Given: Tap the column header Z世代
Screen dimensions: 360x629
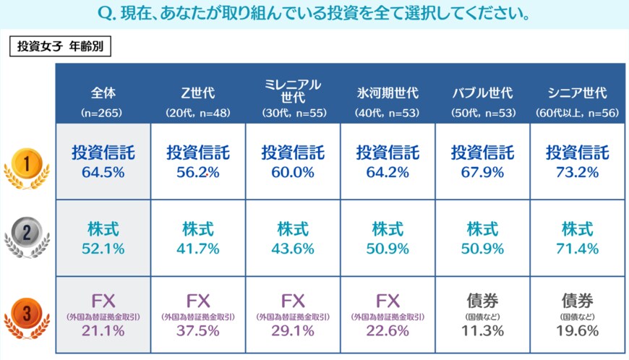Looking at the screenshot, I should [x=198, y=94].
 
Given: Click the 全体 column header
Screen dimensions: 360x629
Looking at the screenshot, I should [x=103, y=94].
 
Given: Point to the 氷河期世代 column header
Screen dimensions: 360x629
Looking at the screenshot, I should [x=388, y=94].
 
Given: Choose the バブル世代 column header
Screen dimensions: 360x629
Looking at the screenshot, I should [x=482, y=94].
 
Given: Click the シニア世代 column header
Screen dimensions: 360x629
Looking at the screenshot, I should [x=577, y=94].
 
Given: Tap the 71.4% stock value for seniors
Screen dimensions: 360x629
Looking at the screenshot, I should [x=577, y=249].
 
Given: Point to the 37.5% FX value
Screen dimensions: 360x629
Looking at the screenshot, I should [x=198, y=331].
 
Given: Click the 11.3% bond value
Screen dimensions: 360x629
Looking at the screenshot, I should [x=482, y=331].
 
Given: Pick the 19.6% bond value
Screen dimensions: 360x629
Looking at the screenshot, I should [x=577, y=331].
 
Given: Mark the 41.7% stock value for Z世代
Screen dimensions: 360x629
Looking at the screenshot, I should [x=198, y=249].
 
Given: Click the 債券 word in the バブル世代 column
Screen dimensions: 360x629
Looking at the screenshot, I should [x=482, y=300].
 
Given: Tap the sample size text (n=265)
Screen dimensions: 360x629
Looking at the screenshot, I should [x=103, y=113].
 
